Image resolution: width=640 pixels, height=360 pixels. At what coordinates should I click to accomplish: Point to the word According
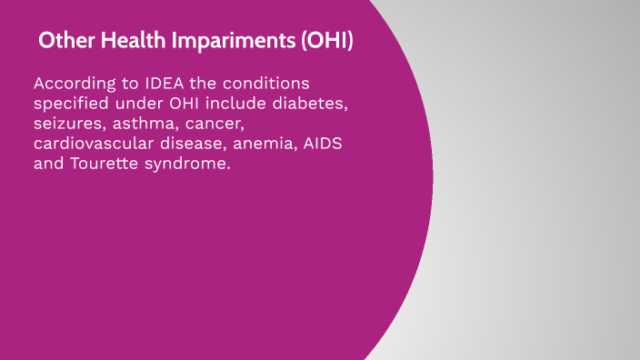73,83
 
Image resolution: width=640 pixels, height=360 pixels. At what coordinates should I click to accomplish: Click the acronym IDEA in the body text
155,83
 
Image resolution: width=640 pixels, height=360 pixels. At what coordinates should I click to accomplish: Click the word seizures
66,125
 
